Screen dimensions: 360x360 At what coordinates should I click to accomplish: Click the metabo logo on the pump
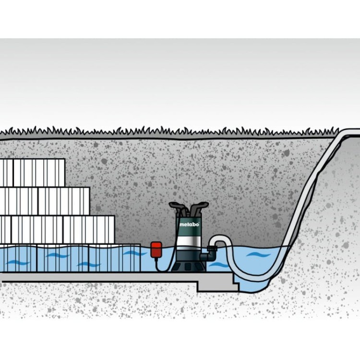coord(189,224)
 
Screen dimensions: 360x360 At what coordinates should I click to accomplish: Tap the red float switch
coord(156,250)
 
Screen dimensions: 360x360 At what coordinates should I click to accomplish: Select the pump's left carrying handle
coord(179,206)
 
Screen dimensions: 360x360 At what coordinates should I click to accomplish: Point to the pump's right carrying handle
coord(199,206)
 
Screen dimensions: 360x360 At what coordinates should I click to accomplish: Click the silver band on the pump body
coord(188,241)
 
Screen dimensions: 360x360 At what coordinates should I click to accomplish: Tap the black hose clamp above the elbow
coord(212,248)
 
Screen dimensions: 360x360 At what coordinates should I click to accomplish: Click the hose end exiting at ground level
coord(354,132)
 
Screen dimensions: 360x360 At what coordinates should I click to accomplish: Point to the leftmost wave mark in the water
coord(18,263)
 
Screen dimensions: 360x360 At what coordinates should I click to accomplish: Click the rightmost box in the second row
coord(64,201)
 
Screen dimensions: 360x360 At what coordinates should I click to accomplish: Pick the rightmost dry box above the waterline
coord(89,229)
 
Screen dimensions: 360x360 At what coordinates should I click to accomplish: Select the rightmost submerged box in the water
coord(114,258)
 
